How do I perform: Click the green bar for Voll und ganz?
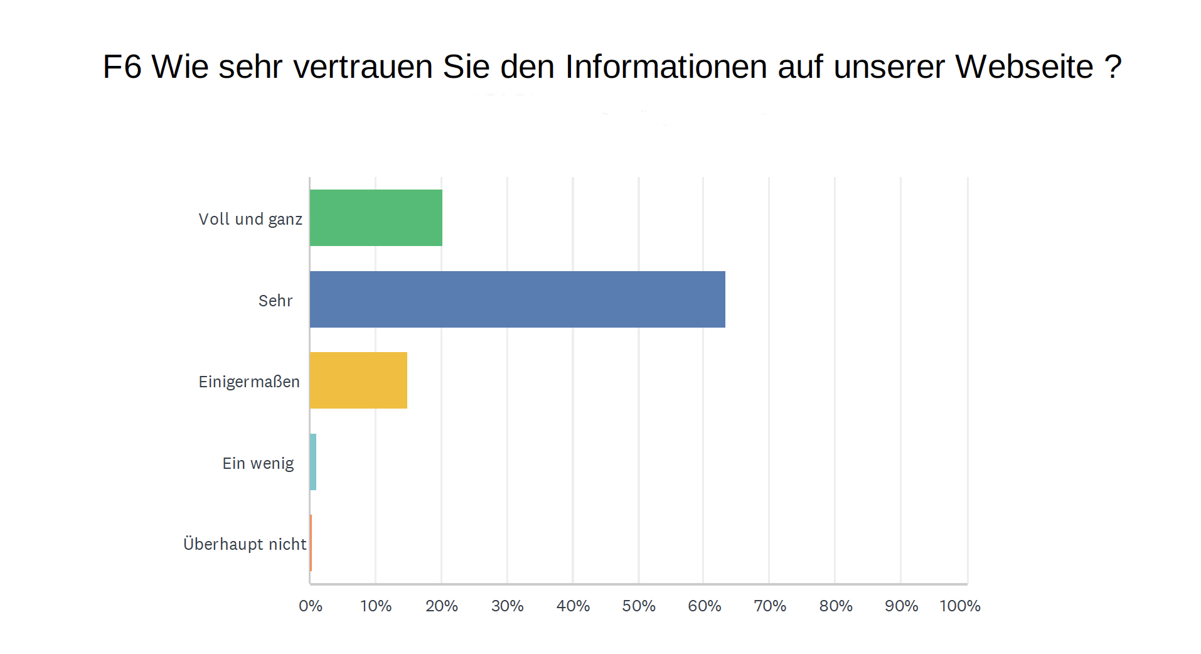(x=376, y=218)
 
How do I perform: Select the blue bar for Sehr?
(x=517, y=299)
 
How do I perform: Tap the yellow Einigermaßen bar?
(x=358, y=380)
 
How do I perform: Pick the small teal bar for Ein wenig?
(x=313, y=462)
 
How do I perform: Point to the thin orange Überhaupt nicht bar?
(x=311, y=543)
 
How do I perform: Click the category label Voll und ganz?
(x=250, y=219)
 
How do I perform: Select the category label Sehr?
(x=275, y=301)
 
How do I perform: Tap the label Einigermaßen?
(x=249, y=382)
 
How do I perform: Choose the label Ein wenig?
(x=258, y=463)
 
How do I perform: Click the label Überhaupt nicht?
(x=245, y=544)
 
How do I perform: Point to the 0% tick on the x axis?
(x=311, y=606)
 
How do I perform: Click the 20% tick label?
(x=442, y=606)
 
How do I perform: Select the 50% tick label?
(x=639, y=606)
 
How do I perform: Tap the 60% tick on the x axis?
(x=705, y=606)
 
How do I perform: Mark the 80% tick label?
(x=836, y=606)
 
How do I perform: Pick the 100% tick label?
(x=960, y=606)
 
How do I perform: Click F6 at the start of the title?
(x=122, y=67)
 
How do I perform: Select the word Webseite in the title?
(x=1024, y=67)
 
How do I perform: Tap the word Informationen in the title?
(x=666, y=67)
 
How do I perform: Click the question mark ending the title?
(x=1113, y=67)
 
